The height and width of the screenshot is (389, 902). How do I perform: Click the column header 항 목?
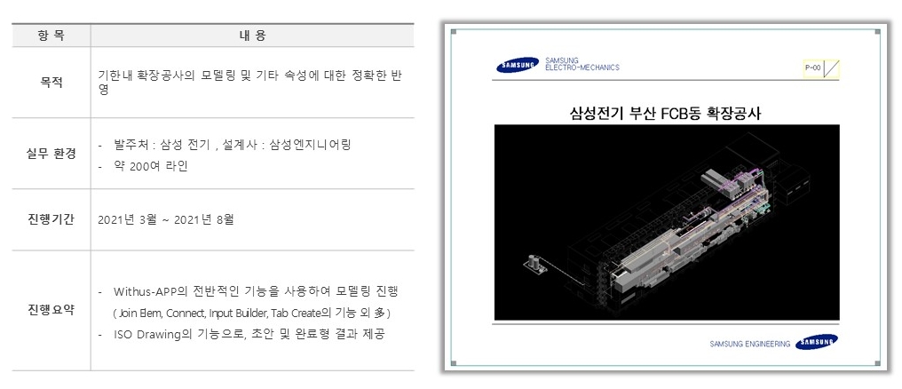coord(51,36)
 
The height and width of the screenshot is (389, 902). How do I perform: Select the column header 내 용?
coord(252,36)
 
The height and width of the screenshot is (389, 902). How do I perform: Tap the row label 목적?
coord(51,83)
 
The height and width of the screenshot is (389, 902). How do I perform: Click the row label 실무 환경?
coord(51,154)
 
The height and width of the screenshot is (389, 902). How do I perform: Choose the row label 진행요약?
coord(51,310)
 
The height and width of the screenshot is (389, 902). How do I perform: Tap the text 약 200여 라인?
coord(151,165)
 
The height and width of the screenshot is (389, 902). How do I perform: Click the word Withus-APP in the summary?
coord(146,291)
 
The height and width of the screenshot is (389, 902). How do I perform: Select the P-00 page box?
coord(811,67)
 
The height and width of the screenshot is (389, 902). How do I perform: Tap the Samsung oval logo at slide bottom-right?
coord(817,343)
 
